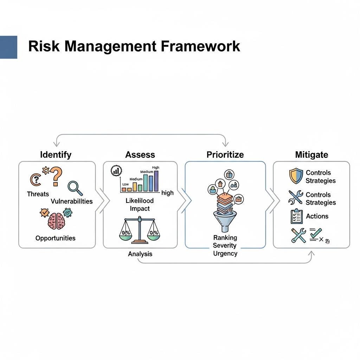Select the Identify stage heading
(x=56, y=155)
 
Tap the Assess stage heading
(x=140, y=155)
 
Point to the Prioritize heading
(x=225, y=155)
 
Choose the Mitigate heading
(x=311, y=155)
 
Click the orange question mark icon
(x=56, y=176)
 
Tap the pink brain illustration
(x=56, y=221)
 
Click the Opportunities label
(x=55, y=238)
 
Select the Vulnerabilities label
(x=72, y=201)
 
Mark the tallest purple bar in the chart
(x=156, y=181)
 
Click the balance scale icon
(x=140, y=231)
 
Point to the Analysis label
(x=140, y=254)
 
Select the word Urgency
(x=225, y=253)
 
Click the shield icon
(x=296, y=176)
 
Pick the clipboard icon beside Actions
(x=296, y=217)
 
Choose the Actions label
(x=317, y=217)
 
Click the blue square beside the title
(x=8, y=47)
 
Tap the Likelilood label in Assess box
(x=140, y=201)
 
